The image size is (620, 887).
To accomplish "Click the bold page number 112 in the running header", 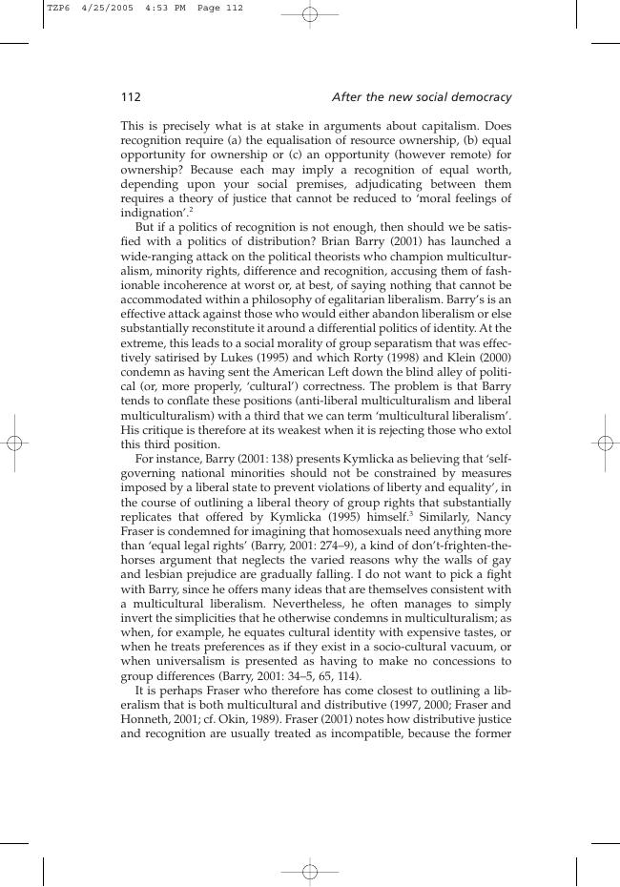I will click(131, 97).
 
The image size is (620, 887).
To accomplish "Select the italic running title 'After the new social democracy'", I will click(421, 97).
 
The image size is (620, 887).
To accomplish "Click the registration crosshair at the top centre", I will click(310, 14).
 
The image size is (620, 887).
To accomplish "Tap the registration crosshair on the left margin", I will click(14, 443).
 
